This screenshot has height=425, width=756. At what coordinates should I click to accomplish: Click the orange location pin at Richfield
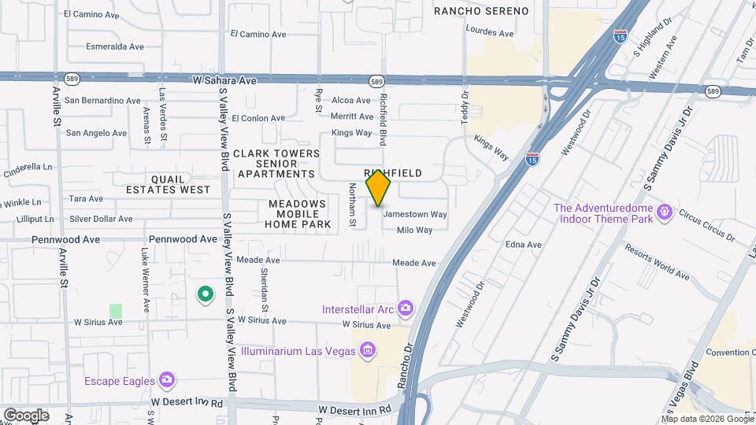(379, 187)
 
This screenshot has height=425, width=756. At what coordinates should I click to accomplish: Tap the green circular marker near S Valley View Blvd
(206, 294)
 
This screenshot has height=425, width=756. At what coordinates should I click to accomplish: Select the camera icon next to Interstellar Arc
(406, 308)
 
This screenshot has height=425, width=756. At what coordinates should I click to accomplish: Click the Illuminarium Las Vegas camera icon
(367, 350)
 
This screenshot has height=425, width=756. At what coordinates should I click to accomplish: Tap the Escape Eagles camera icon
(166, 381)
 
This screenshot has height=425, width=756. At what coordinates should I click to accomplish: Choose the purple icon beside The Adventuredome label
(665, 211)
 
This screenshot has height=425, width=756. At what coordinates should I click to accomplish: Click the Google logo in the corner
(26, 415)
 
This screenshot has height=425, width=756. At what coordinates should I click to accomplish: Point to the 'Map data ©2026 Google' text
(706, 419)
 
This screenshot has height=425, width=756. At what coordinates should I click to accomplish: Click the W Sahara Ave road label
(225, 80)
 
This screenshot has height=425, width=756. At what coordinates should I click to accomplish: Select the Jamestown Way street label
(415, 214)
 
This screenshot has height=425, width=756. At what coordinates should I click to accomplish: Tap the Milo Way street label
(415, 230)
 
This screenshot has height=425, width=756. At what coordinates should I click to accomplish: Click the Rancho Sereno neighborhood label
(481, 10)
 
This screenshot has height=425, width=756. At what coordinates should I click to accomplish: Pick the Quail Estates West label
(169, 184)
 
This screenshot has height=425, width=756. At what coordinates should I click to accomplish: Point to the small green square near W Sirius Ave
(117, 311)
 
